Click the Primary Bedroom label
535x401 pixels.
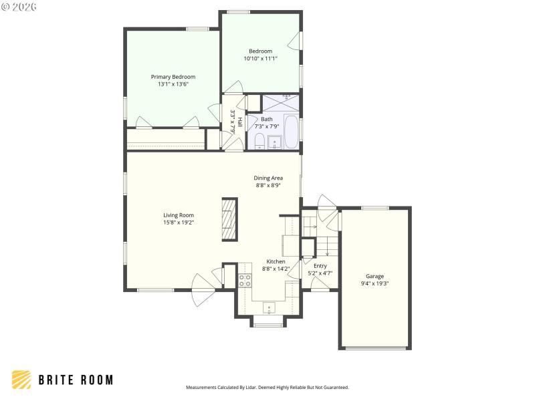(x=173, y=77)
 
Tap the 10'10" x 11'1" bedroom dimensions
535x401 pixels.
(x=260, y=59)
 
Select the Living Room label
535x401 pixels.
(x=179, y=215)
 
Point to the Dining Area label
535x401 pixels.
(x=268, y=178)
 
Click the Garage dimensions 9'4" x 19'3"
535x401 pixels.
(x=374, y=283)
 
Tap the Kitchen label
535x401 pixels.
(x=276, y=261)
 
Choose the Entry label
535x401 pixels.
(x=320, y=266)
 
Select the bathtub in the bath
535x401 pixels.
(x=292, y=132)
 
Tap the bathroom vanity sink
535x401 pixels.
(x=275, y=142)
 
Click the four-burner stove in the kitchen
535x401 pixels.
(x=245, y=281)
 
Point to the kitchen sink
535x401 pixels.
(x=269, y=309)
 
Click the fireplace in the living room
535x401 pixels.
(x=229, y=219)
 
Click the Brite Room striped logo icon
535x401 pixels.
(x=21, y=380)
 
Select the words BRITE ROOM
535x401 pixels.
(x=75, y=380)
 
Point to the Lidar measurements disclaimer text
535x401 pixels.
(x=267, y=387)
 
